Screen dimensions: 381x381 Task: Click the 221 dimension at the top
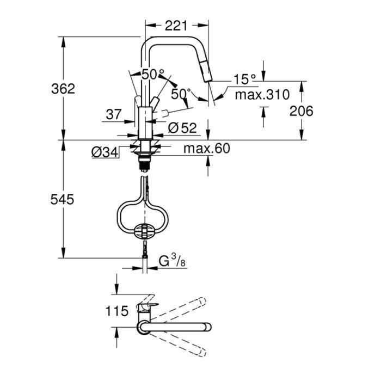(176, 25)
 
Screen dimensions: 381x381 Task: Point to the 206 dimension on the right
(301, 111)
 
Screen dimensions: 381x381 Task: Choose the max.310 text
(262, 95)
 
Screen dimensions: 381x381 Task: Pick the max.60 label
(207, 148)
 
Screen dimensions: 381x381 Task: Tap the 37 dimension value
(113, 115)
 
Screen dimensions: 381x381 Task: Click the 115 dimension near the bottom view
(118, 311)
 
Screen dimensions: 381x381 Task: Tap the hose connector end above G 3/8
(144, 251)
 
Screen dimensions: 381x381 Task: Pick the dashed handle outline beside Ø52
(172, 113)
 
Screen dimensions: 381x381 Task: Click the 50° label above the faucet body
(153, 73)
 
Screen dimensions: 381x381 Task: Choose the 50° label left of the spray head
(180, 93)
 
